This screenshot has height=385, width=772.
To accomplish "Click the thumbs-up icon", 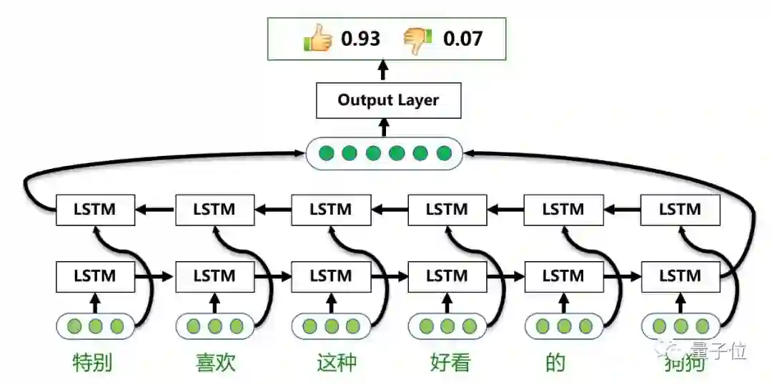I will pyautogui.click(x=318, y=39).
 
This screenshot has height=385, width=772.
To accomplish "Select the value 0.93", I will pyautogui.click(x=360, y=39).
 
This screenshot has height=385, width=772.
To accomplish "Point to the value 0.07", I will pyautogui.click(x=462, y=39).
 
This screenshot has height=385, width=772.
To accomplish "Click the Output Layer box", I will pyautogui.click(x=388, y=100).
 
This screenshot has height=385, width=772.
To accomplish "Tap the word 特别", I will pyautogui.click(x=93, y=363).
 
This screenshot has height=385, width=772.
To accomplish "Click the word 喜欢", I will pyautogui.click(x=215, y=363).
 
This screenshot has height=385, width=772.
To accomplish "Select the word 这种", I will pyautogui.click(x=336, y=363).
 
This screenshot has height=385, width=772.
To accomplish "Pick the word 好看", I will pyautogui.click(x=450, y=363).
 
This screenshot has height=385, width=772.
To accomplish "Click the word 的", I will pyautogui.click(x=555, y=363).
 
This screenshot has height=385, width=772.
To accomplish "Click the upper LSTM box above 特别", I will pyautogui.click(x=95, y=210).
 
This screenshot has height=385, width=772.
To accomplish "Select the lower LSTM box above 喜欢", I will pyautogui.click(x=214, y=275).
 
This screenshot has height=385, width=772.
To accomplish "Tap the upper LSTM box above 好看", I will pyautogui.click(x=447, y=210).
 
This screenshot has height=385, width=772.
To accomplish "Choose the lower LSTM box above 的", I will pyautogui.click(x=563, y=275).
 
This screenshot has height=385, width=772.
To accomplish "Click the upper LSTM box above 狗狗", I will pyautogui.click(x=679, y=210).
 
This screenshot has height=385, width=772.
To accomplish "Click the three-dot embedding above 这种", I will pyautogui.click(x=331, y=327).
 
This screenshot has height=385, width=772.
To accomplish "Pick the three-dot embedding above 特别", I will pyautogui.click(x=96, y=327).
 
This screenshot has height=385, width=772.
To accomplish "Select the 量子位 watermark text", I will pyautogui.click(x=718, y=351).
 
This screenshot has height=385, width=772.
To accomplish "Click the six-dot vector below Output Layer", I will pyautogui.click(x=385, y=153).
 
